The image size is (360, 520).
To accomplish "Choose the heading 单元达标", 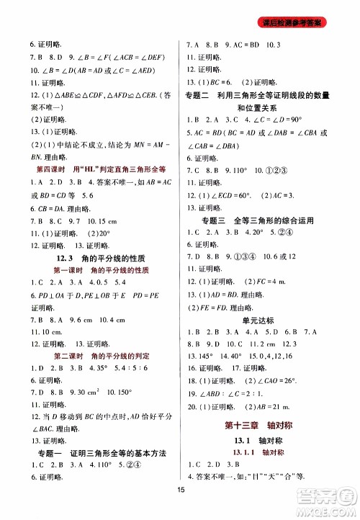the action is (x=264, y=320).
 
